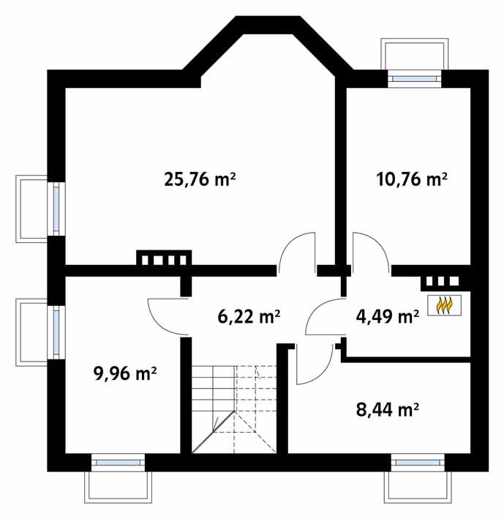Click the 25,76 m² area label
200,180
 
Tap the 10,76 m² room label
412,180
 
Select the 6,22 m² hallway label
249,316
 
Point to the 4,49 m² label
387,316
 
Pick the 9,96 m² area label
125,374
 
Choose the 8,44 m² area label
387,410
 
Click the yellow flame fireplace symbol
445,305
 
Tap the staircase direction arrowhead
216,425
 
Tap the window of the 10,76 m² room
414,79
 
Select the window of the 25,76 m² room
56,209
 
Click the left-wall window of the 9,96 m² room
56,332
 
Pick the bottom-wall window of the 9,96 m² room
118,463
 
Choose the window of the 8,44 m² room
418,463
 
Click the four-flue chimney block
164,258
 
